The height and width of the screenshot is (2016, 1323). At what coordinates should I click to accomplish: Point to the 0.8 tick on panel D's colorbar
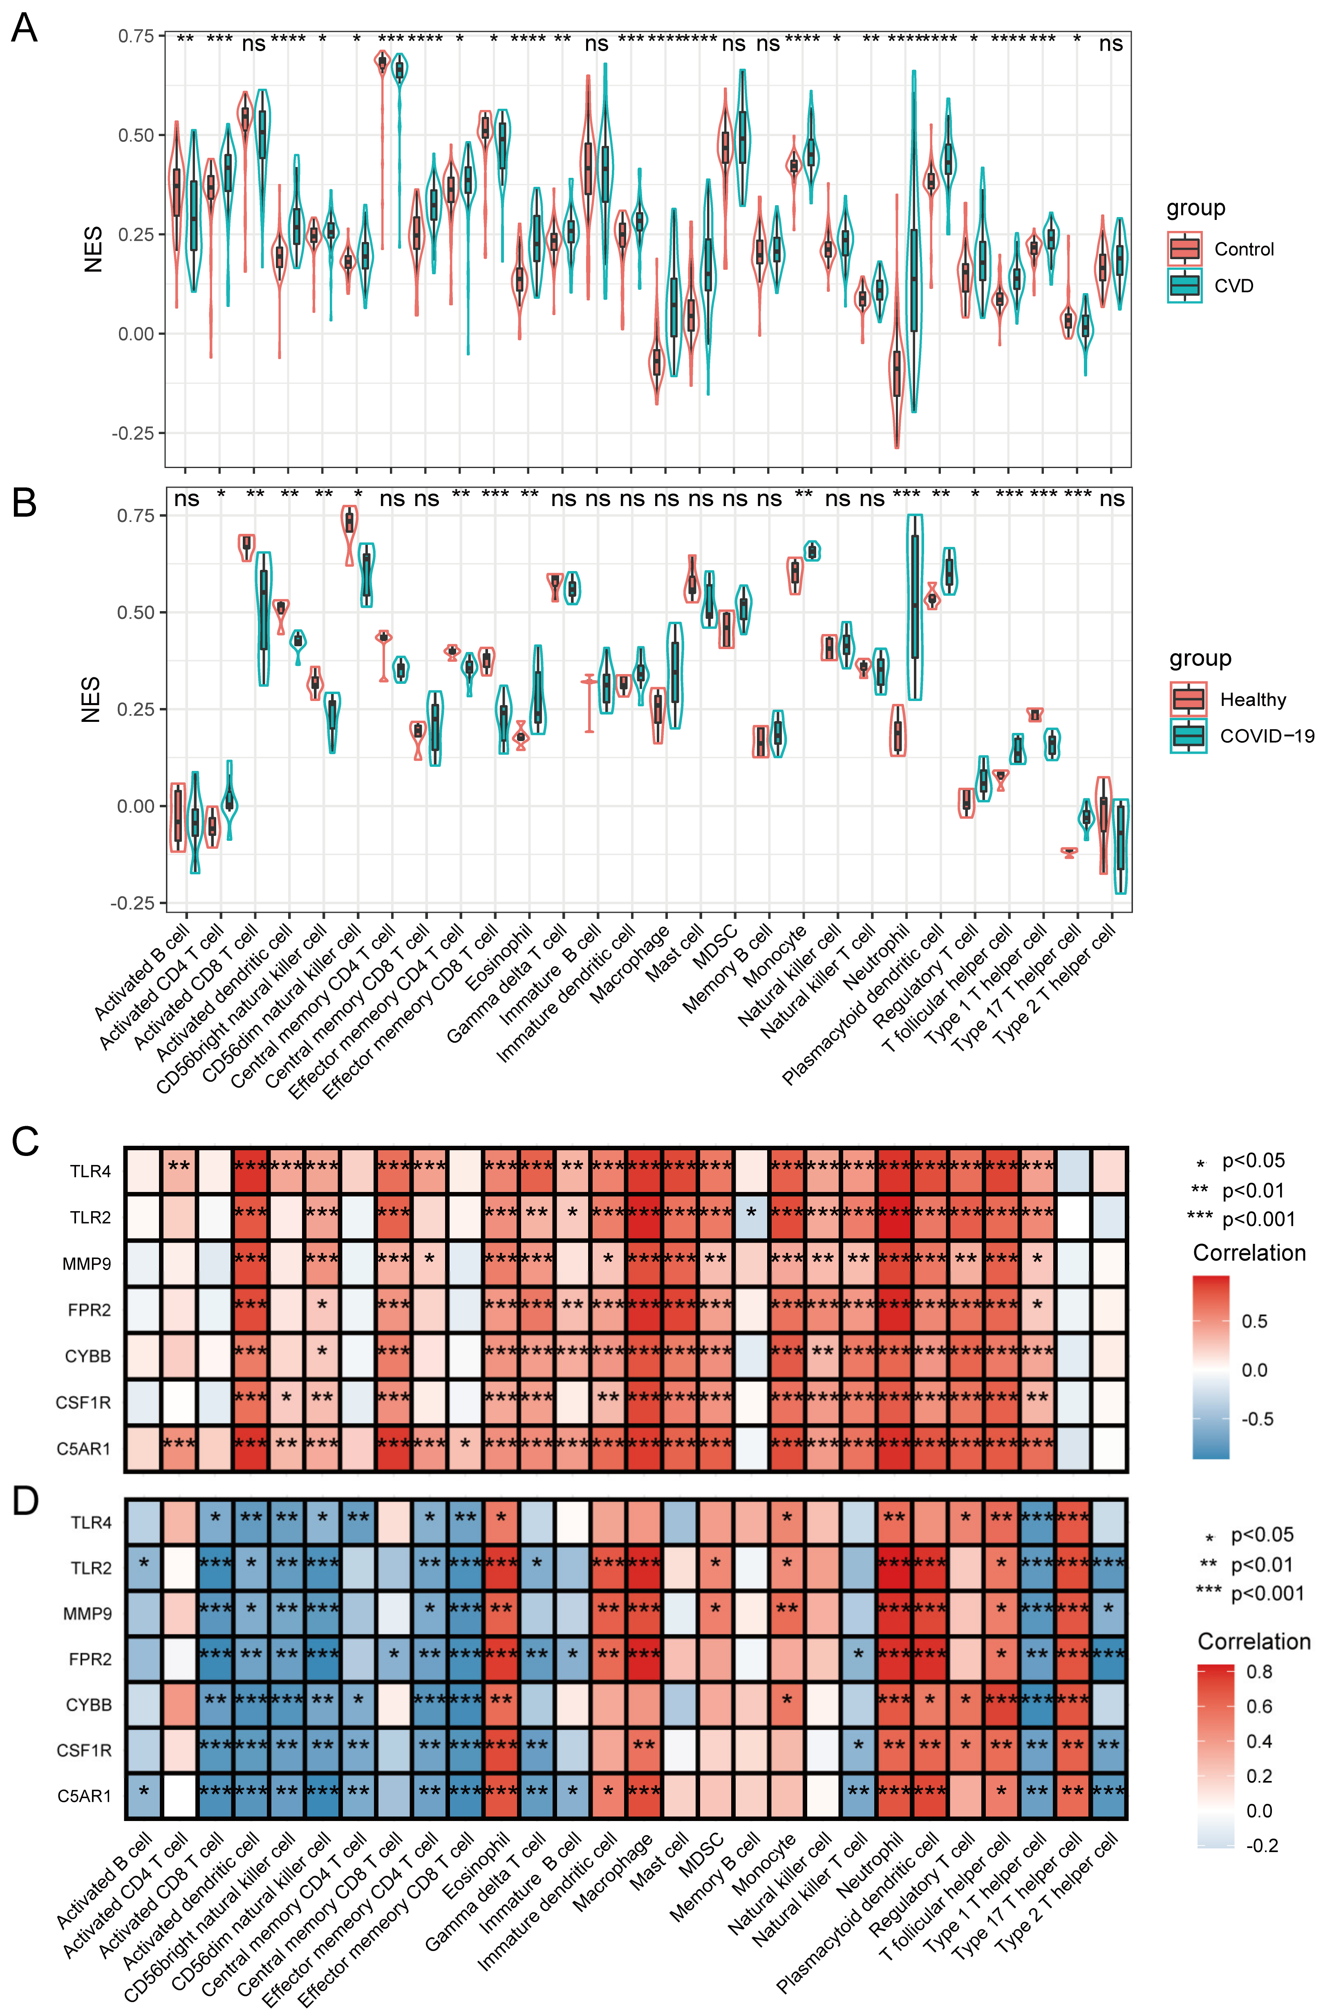pos(1260,1671)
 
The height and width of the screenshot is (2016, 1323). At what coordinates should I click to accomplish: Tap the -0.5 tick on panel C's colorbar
pos(1257,1419)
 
